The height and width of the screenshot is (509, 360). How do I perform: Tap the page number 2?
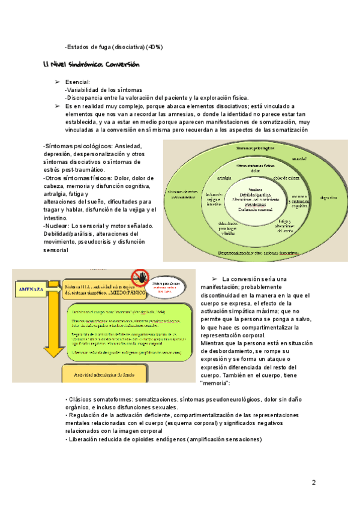[x=313, y=483]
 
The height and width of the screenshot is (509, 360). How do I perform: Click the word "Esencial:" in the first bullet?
[x=78, y=82]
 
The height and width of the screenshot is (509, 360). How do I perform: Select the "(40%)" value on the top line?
[x=154, y=47]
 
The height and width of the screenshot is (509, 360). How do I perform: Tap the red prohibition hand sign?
[x=141, y=277]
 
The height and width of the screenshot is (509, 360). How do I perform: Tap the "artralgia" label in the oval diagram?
[x=226, y=178]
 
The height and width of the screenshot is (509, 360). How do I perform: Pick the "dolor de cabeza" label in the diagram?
[x=286, y=178]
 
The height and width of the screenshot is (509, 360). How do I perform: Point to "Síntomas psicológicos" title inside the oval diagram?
[x=256, y=148]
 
